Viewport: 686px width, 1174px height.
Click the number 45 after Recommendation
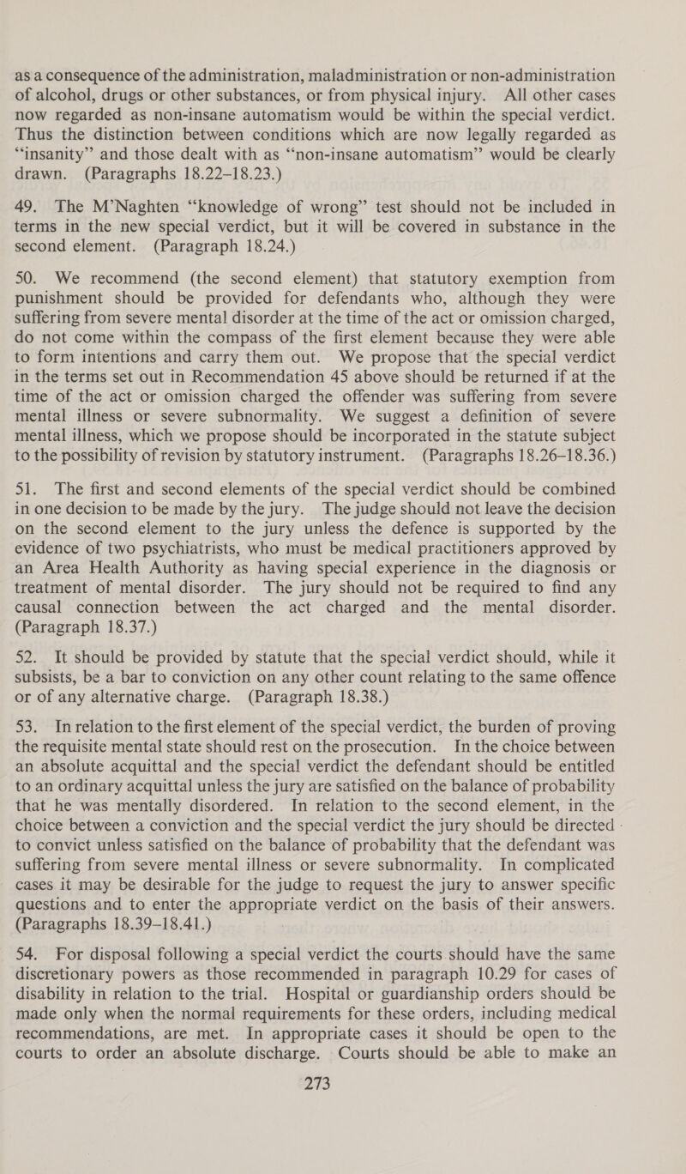pos(358,389)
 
